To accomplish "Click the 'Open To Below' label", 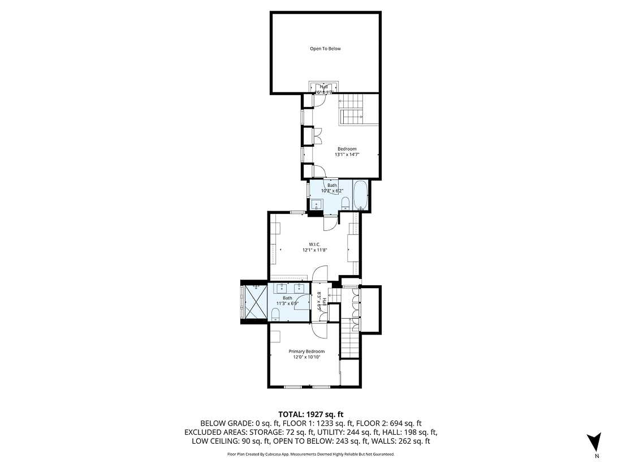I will [325, 49].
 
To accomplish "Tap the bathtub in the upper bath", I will [360, 195].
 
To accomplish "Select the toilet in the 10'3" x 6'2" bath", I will [345, 203].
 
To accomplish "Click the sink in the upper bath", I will [317, 205].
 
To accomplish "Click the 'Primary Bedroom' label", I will [307, 351].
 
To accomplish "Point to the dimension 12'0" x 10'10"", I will [307, 357].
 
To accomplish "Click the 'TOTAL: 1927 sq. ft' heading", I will [310, 414].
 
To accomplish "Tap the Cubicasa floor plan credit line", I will [310, 454].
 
